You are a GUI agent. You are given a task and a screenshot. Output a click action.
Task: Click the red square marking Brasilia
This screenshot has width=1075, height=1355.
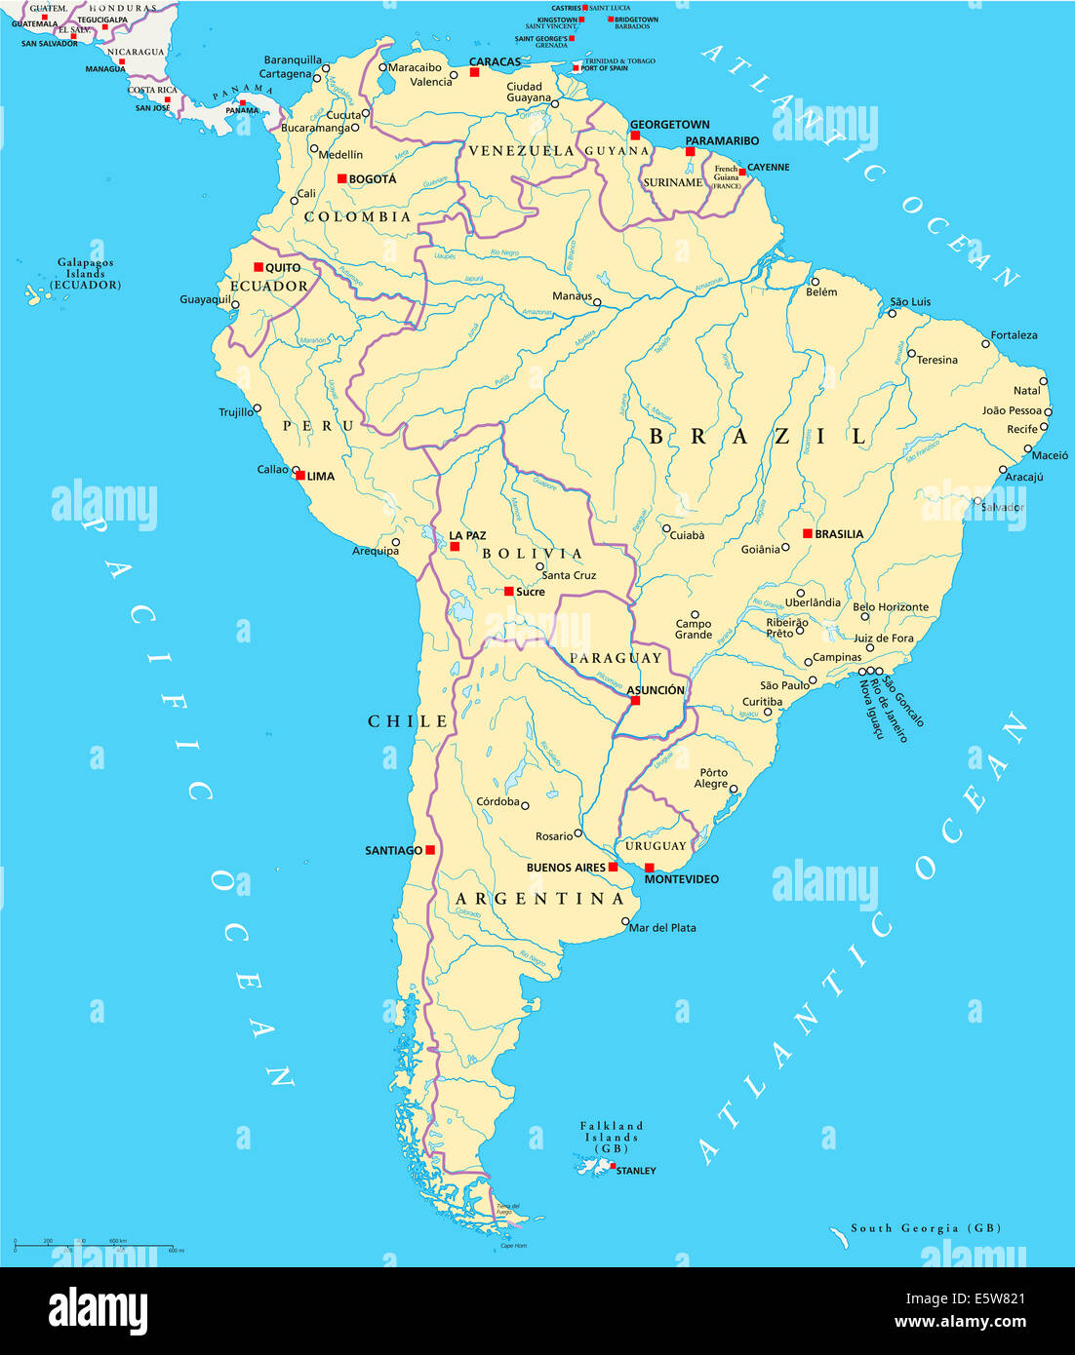coord(808,533)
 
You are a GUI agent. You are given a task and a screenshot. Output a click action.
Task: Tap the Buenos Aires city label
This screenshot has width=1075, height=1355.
coord(566,868)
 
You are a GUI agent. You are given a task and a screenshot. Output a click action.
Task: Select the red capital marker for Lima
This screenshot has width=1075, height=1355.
coord(300,476)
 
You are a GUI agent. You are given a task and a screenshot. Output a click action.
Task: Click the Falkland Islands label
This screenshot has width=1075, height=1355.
coord(612,1137)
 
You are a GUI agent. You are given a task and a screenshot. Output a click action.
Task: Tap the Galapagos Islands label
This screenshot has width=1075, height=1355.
coord(86,274)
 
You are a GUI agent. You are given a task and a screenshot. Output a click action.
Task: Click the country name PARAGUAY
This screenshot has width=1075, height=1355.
coord(616,658)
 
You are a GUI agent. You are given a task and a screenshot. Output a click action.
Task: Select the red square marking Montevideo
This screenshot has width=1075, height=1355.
coord(650,868)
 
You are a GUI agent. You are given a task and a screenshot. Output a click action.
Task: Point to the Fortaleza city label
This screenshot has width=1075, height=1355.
coord(1014,335)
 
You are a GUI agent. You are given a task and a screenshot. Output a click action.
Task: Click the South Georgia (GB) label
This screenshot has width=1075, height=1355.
coord(925,1228)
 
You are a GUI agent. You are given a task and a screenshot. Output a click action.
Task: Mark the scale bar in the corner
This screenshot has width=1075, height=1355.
coord(94,1247)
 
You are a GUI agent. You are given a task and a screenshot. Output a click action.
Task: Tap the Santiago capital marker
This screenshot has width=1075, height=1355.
coord(430,850)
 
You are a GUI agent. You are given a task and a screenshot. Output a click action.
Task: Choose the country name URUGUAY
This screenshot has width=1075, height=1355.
coord(656,846)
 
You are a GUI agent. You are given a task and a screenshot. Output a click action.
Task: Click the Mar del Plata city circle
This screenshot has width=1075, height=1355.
coord(625,920)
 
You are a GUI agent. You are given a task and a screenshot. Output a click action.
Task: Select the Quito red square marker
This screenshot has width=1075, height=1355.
coord(259,267)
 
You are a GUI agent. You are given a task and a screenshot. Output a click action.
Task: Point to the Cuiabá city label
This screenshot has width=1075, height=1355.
coord(688,535)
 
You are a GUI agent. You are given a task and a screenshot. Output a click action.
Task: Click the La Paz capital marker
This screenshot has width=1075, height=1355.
coord(455,546)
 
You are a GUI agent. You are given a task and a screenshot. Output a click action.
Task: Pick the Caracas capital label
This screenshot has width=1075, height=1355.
coord(495,61)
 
